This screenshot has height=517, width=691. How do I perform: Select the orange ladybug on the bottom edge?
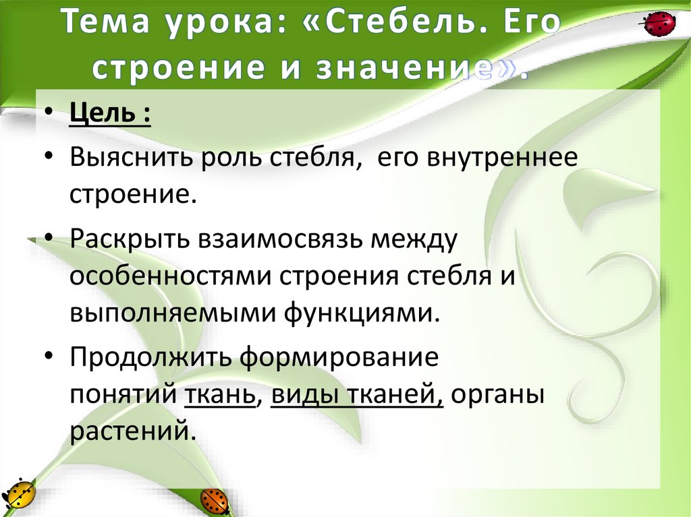[215, 500]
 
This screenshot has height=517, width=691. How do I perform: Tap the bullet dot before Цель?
[53, 115]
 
